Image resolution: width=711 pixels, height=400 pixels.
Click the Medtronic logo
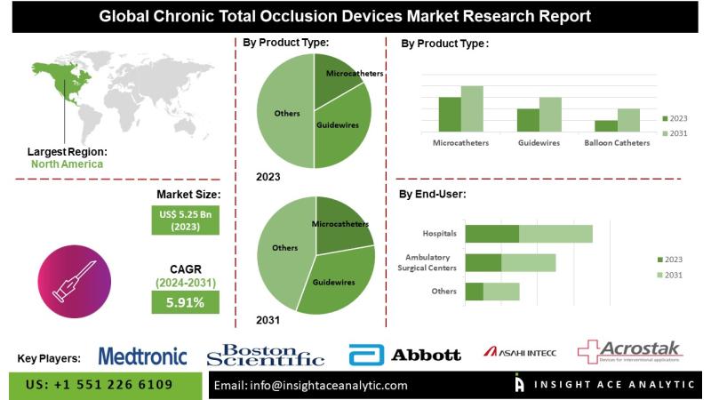pyautogui.click(x=142, y=356)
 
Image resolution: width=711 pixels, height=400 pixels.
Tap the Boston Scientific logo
pyautogui.click(x=265, y=356)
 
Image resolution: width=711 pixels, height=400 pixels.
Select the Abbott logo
pyautogui.click(x=405, y=356)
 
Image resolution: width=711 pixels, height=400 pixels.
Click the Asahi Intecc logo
pyautogui.click(x=520, y=353)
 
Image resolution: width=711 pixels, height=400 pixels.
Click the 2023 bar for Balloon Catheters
pyautogui.click(x=606, y=125)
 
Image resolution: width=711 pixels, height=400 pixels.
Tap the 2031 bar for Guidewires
pyautogui.click(x=550, y=114)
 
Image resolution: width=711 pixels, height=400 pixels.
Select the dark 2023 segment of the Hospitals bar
pyautogui.click(x=491, y=234)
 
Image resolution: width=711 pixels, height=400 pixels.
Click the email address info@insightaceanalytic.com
pyautogui.click(x=311, y=385)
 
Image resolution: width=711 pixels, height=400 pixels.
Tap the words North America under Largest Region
pyautogui.click(x=67, y=164)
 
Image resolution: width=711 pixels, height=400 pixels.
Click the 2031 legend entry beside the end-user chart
pyautogui.click(x=672, y=275)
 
